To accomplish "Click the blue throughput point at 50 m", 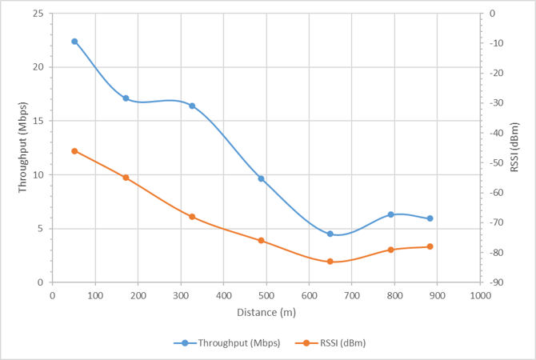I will pos(74,42).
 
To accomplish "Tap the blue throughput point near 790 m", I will pos(390,214).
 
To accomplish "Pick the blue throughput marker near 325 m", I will pos(192,106).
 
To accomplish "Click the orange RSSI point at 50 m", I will pos(74,151).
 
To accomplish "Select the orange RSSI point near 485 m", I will pos(261,241).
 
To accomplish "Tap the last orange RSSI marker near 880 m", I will pos(430,246).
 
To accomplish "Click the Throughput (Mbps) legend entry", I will pos(226,343).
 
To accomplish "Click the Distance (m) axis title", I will pos(266,312).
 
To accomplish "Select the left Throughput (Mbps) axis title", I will pos(22,147).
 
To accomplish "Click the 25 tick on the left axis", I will pos(38,14).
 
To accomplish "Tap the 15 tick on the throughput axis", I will pos(38,121).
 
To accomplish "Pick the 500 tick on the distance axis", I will pos(266,294).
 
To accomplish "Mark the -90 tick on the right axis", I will pos(497,282).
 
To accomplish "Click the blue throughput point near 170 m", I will pos(126,98).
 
